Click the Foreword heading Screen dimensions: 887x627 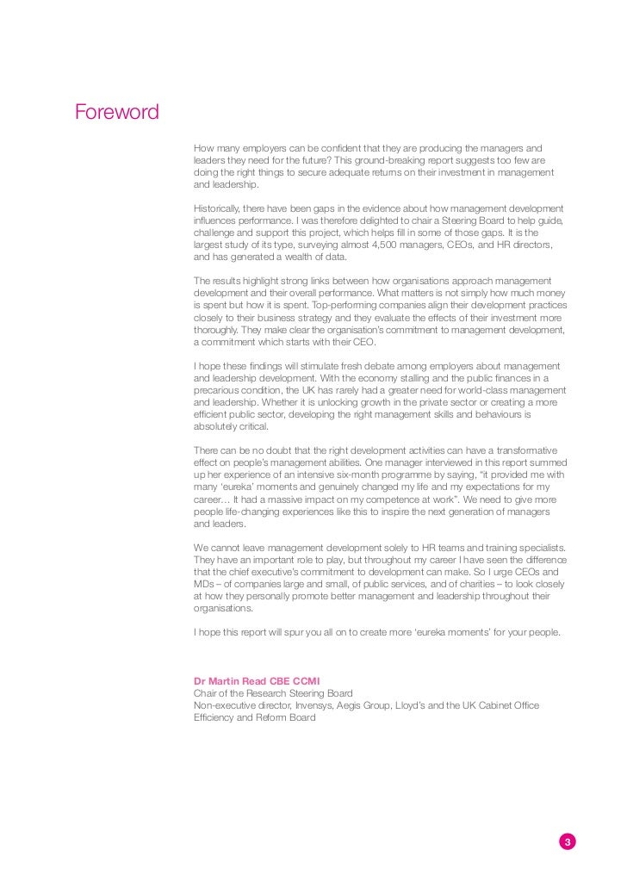click(116, 113)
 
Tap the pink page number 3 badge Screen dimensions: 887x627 click(567, 842)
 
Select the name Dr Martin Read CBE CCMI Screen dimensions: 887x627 click(257, 681)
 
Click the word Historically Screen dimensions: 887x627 click(220, 208)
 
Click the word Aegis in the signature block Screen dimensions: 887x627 click(356, 705)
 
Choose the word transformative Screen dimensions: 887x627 click(526, 450)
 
